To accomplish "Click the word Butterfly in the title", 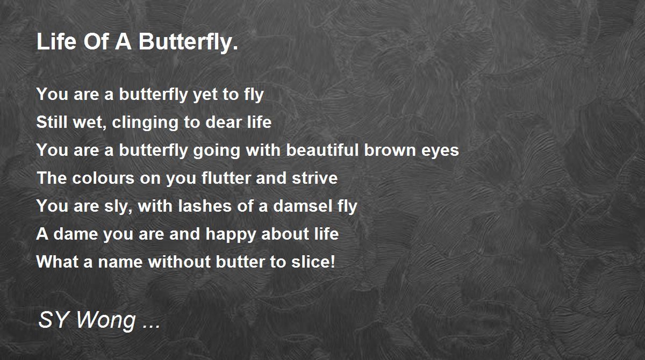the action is pyautogui.click(x=188, y=42).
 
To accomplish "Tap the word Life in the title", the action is pyautogui.click(x=56, y=41).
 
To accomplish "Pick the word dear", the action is pyautogui.click(x=224, y=122).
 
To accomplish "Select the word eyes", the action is pyautogui.click(x=440, y=151).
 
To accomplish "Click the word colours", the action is pyautogui.click(x=103, y=177).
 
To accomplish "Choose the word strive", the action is pyautogui.click(x=315, y=177).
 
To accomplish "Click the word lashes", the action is pyautogui.click(x=205, y=205).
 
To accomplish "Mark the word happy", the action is pyautogui.click(x=231, y=234).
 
